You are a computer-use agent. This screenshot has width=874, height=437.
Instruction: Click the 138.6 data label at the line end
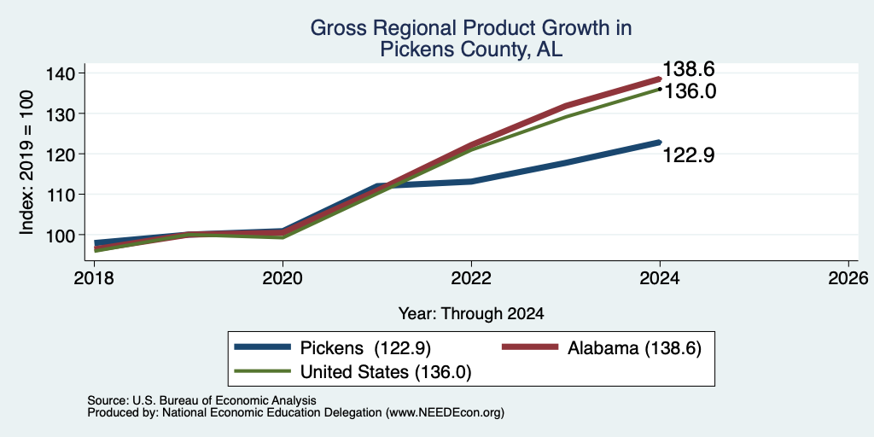(x=689, y=70)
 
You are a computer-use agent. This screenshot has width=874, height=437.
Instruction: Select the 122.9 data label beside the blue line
(x=689, y=155)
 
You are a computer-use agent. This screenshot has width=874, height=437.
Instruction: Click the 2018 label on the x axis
(x=94, y=277)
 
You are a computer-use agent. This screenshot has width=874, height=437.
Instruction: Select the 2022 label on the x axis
(x=471, y=277)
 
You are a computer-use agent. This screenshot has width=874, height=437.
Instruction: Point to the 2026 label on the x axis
(x=848, y=277)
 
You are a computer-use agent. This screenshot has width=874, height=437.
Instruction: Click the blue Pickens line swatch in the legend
(x=263, y=347)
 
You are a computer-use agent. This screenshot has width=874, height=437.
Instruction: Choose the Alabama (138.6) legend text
(x=634, y=348)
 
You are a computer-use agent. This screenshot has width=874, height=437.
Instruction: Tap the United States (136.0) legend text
(x=387, y=372)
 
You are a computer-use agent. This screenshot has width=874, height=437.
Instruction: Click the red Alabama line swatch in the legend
(x=530, y=347)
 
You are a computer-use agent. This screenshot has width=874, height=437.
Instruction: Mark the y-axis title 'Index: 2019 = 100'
(x=26, y=162)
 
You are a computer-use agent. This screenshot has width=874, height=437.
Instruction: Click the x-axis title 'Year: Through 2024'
(x=471, y=314)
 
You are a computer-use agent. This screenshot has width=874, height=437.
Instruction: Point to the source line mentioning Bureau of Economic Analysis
(x=201, y=400)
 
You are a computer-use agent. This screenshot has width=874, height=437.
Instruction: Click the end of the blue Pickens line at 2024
(x=660, y=143)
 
